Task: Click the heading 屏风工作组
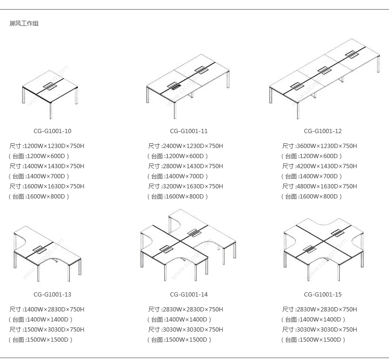[x=24, y=24]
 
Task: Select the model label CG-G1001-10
[x=52, y=131]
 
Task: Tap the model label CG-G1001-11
[x=189, y=131]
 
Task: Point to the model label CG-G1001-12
[x=323, y=131]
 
